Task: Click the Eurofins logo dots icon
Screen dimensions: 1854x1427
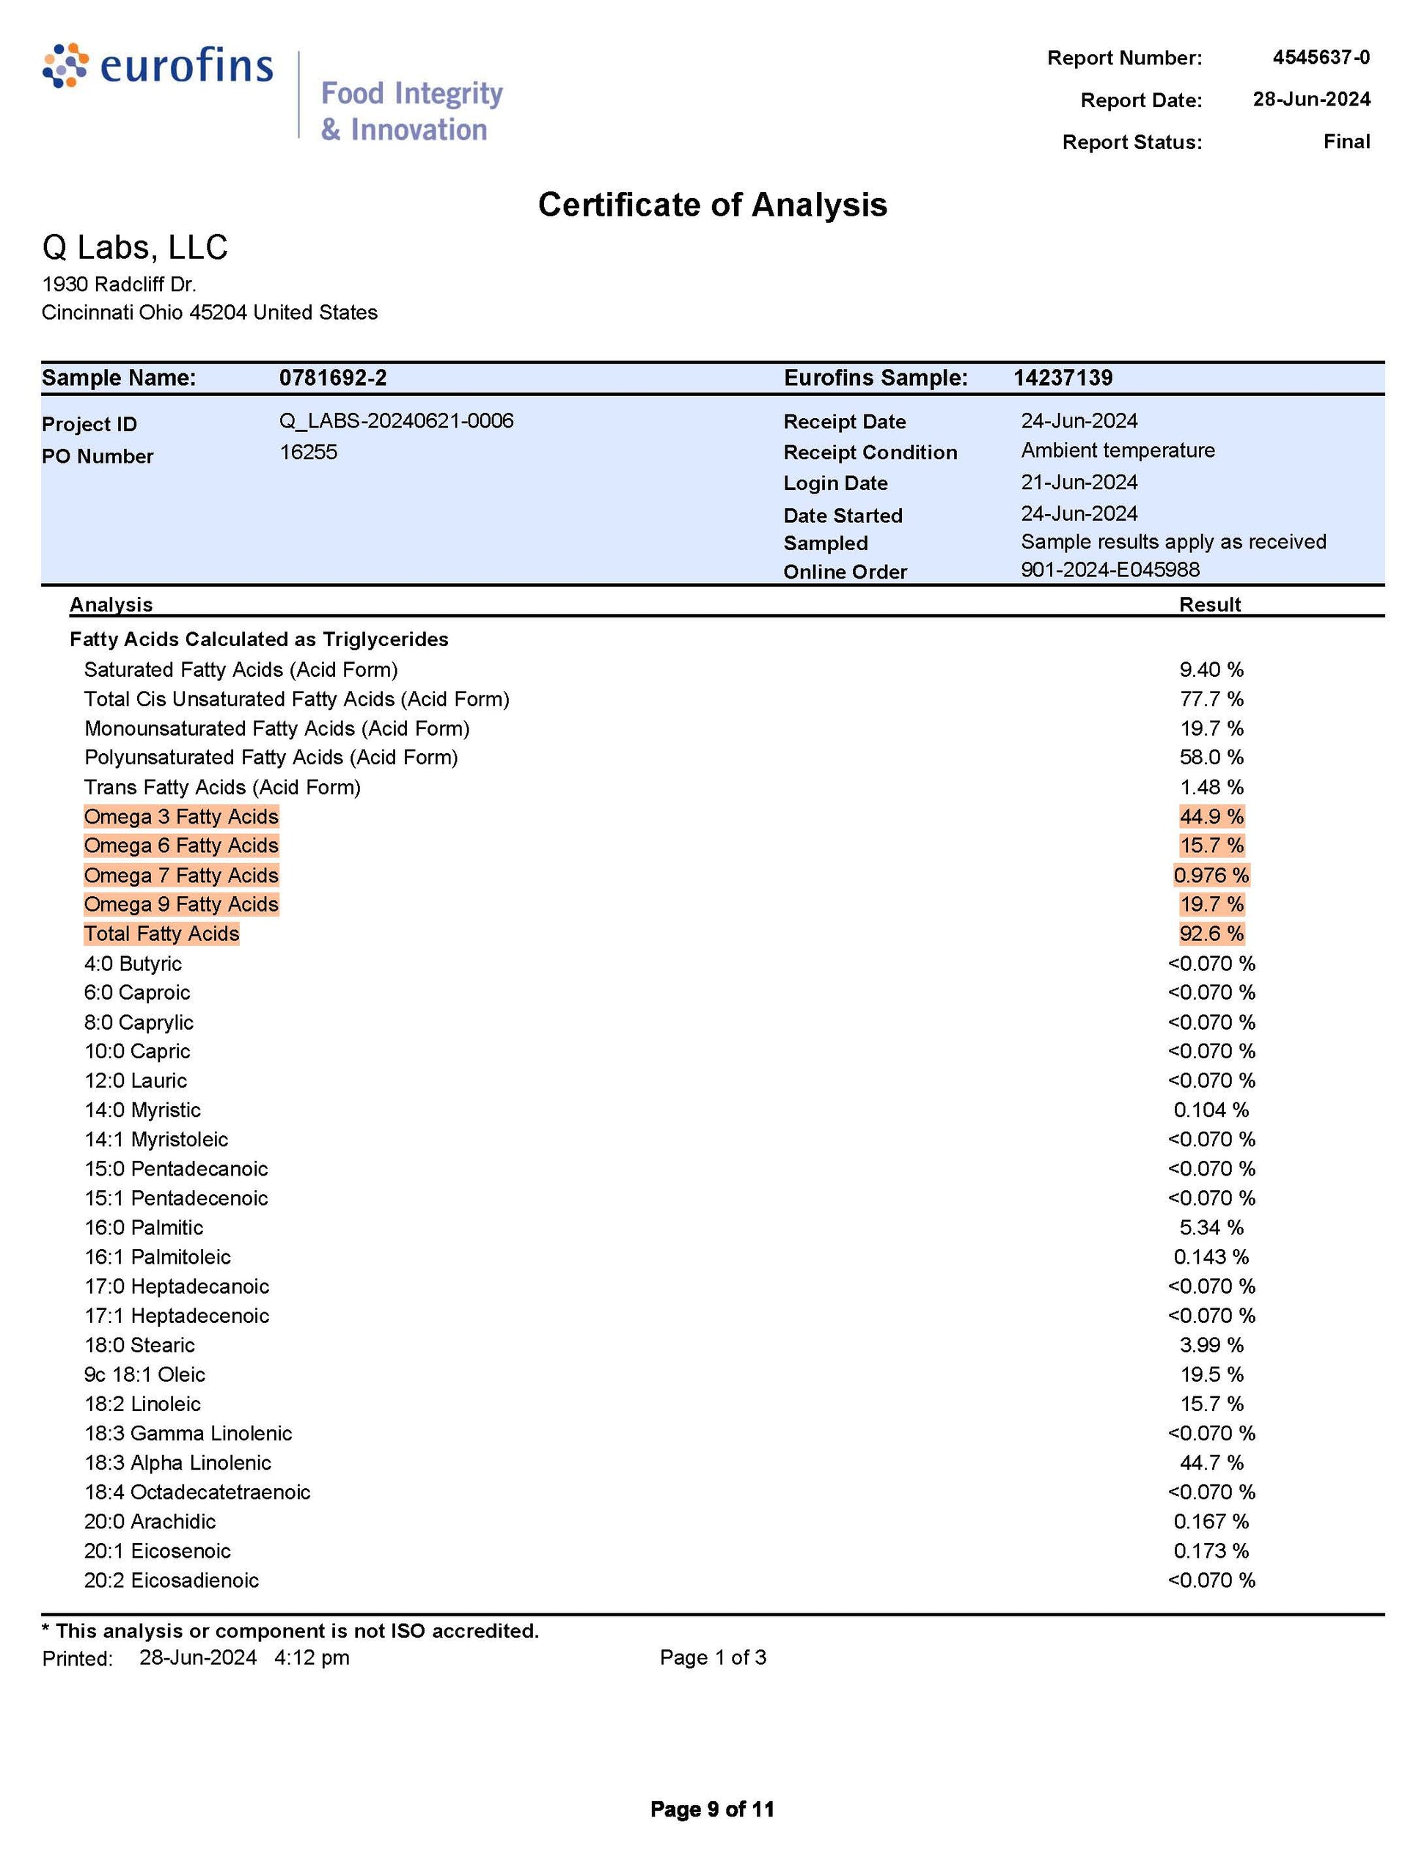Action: [x=65, y=65]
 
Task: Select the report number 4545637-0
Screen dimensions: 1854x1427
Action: [x=1320, y=57]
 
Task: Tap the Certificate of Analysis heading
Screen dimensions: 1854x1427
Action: [x=712, y=205]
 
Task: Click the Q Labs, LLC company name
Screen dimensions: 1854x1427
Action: [x=135, y=247]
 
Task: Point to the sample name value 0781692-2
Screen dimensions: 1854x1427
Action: [x=333, y=378]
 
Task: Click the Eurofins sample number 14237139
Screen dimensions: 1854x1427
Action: [x=1062, y=378]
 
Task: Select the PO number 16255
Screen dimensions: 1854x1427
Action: [x=308, y=452]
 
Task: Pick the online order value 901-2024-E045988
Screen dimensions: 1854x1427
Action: [x=1109, y=569]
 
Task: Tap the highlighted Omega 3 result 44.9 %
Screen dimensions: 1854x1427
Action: [x=1211, y=817]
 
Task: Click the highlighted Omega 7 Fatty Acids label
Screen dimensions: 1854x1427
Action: [x=181, y=875]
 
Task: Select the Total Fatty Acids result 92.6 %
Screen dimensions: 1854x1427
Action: [x=1211, y=934]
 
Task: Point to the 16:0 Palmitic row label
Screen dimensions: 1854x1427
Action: [x=144, y=1228]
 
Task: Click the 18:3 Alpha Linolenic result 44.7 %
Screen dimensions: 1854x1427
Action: [x=1211, y=1462]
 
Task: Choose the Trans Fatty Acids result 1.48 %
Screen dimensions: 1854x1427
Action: [x=1211, y=787]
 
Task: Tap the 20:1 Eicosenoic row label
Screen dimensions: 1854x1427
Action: [x=157, y=1551]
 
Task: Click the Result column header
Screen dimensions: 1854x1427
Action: [x=1210, y=604]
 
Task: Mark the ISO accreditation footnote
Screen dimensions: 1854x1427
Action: [x=290, y=1631]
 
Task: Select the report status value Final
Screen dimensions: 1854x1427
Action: [x=1346, y=141]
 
